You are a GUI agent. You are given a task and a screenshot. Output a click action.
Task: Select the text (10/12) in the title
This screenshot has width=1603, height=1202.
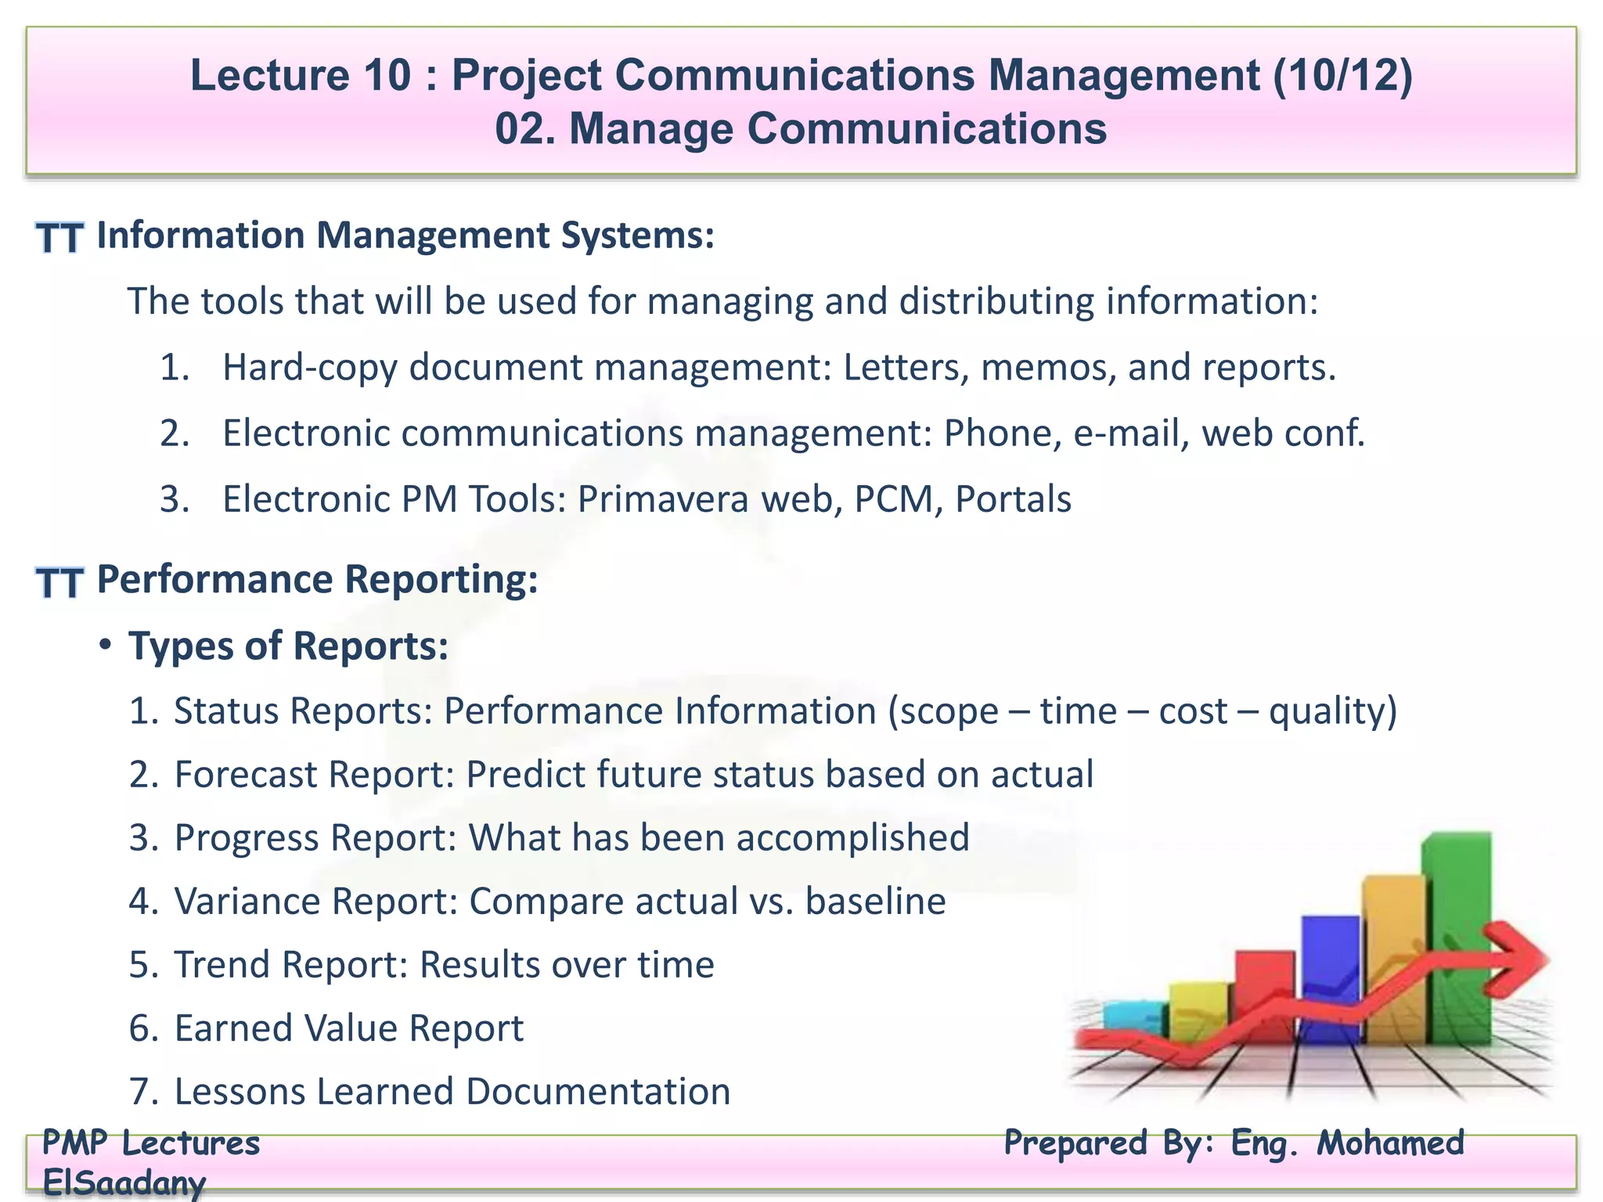tap(1342, 75)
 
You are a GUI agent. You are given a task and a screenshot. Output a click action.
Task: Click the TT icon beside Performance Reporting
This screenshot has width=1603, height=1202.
tap(59, 583)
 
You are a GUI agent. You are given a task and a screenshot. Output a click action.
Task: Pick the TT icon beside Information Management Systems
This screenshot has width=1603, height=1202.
tap(59, 238)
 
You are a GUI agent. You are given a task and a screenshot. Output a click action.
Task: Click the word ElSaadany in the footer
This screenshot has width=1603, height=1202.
tap(124, 1182)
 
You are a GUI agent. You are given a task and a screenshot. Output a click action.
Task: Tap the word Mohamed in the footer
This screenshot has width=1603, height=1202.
tap(1390, 1143)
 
